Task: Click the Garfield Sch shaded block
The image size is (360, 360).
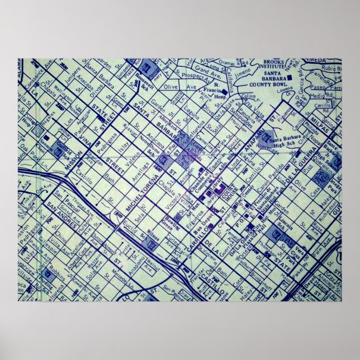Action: pyautogui.click(x=65, y=139)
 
